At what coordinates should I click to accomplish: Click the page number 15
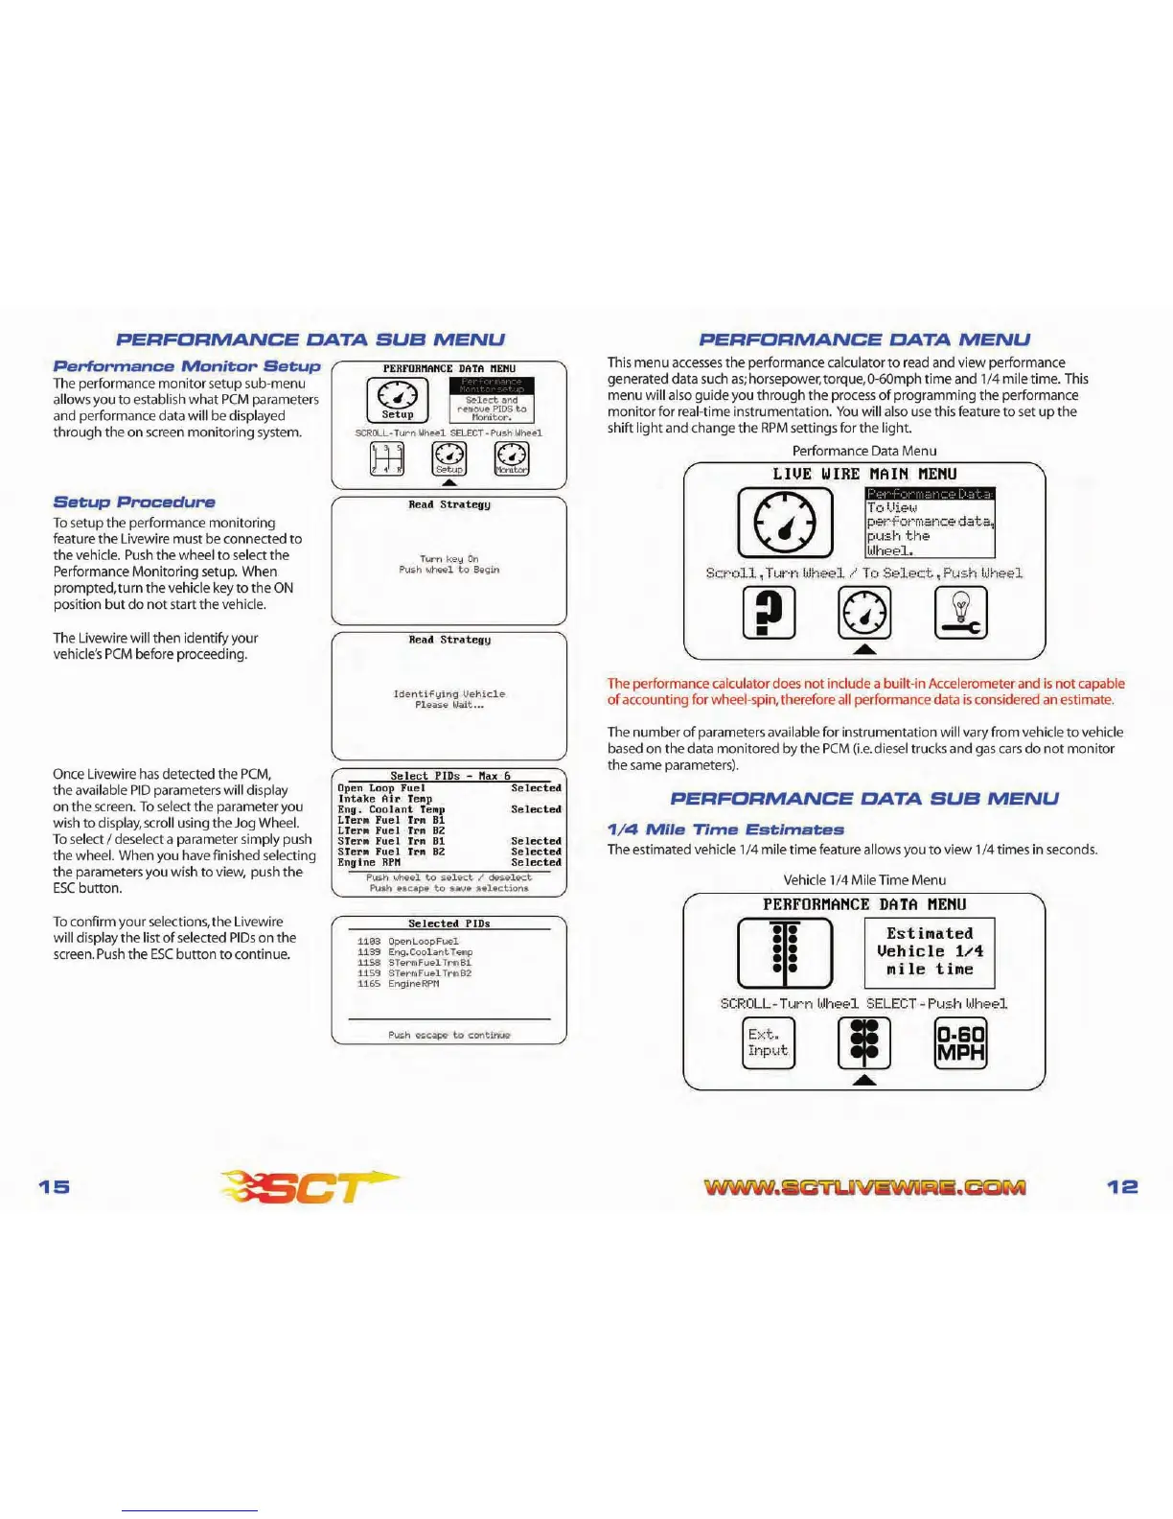(x=55, y=1186)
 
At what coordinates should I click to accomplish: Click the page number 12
(x=1122, y=1186)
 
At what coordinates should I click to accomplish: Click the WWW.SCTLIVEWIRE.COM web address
(x=864, y=1187)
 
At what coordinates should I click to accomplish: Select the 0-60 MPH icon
(x=960, y=1043)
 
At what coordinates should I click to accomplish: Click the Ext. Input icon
(x=769, y=1042)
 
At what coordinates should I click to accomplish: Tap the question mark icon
(x=769, y=612)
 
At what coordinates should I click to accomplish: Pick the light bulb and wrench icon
(x=960, y=612)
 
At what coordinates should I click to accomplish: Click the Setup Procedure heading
(x=134, y=502)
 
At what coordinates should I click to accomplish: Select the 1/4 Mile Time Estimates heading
(x=725, y=830)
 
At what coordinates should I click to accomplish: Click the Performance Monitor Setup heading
(x=187, y=366)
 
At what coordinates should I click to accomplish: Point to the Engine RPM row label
(x=369, y=862)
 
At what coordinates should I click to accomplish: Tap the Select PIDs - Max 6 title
(x=449, y=776)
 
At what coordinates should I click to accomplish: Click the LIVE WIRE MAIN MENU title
(x=864, y=474)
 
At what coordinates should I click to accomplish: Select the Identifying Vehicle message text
(x=449, y=694)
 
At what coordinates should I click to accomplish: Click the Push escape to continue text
(x=449, y=1035)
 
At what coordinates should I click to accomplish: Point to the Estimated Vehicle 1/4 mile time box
(x=929, y=951)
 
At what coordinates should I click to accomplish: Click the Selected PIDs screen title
(x=449, y=923)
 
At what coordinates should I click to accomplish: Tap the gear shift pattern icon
(x=387, y=459)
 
